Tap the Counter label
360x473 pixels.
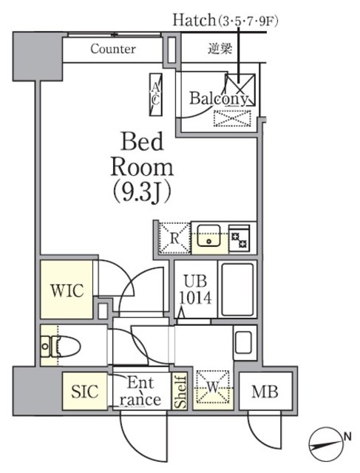112,50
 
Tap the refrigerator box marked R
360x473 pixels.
174,239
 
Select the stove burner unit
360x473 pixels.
240,239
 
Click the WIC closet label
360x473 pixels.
66,290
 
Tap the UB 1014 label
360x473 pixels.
196,290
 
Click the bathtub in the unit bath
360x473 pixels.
237,290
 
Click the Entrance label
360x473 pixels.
140,392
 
